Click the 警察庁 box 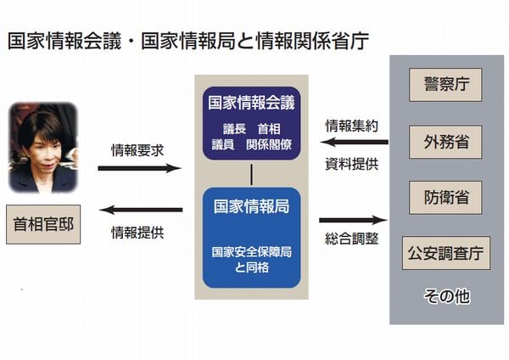(x=445, y=86)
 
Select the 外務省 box (x=445, y=142)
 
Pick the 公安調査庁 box (x=445, y=253)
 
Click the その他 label (x=446, y=297)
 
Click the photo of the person (x=42, y=148)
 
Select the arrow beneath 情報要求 (x=140, y=168)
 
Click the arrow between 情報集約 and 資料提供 (x=351, y=143)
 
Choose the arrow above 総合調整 (x=352, y=221)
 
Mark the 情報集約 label (x=352, y=126)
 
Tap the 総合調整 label (x=352, y=239)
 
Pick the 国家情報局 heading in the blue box (x=252, y=205)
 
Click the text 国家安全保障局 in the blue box (x=252, y=251)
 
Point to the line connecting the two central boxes (x=252, y=173)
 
